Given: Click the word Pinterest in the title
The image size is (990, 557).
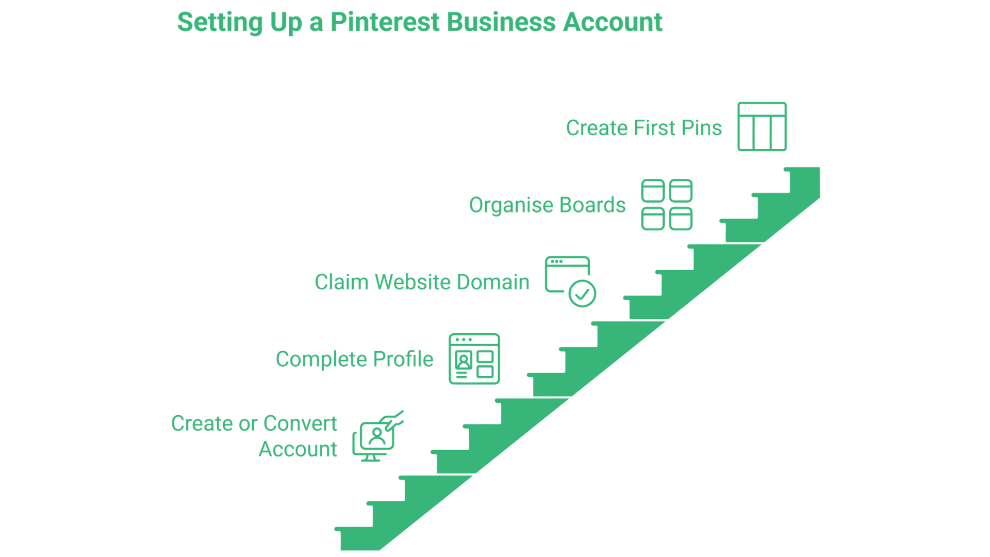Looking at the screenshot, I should click(x=385, y=22).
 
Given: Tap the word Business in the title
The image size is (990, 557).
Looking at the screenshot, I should click(x=501, y=22).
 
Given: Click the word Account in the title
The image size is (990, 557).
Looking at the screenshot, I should click(x=612, y=22).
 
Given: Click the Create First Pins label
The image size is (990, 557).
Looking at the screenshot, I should click(x=643, y=128).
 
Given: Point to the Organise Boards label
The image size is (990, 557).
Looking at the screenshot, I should click(x=547, y=205).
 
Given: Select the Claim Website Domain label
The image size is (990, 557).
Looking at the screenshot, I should click(x=422, y=282).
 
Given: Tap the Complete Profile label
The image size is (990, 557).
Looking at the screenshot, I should click(x=354, y=359).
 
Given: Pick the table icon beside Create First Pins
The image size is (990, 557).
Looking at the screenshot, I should click(x=762, y=126).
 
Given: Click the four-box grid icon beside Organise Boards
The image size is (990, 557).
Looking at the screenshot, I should click(x=666, y=205).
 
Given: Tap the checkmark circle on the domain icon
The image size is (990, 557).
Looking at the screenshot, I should click(x=582, y=294).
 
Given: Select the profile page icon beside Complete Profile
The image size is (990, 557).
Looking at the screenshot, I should click(x=474, y=359).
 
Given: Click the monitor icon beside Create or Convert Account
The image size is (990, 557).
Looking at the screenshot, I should click(x=375, y=437).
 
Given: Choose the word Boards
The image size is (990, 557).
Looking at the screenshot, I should click(x=592, y=205).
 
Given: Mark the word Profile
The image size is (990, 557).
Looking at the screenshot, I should click(x=403, y=359).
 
